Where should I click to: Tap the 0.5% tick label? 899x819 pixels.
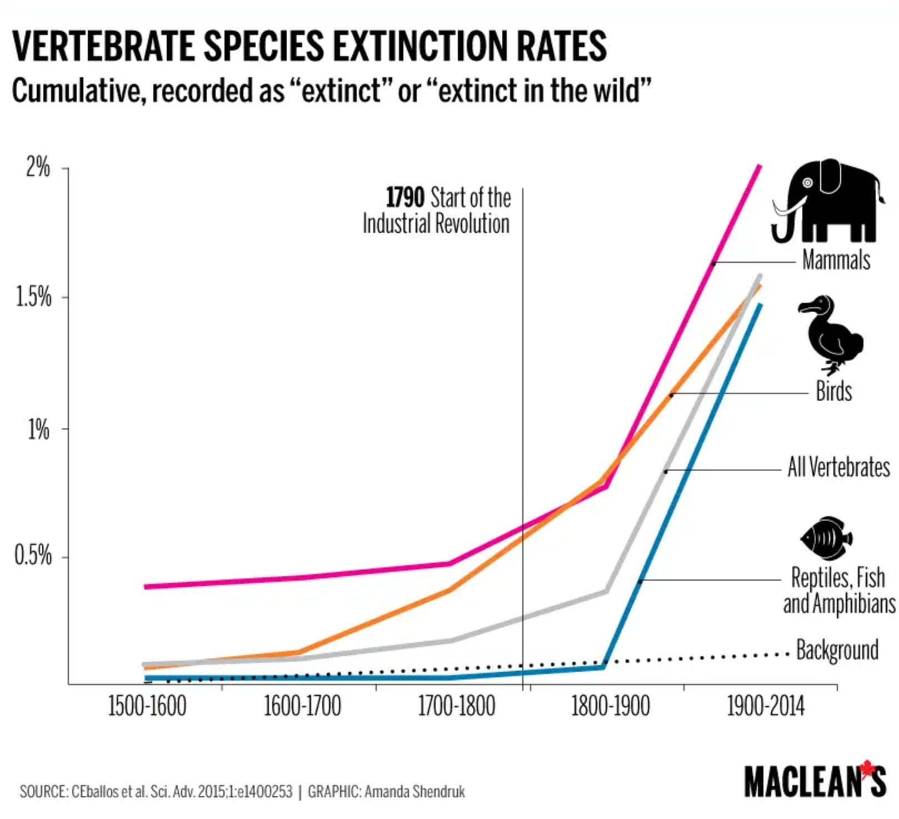pos(33,556)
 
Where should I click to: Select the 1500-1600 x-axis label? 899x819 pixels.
pos(147,707)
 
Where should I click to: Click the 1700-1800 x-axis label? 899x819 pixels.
pos(456,707)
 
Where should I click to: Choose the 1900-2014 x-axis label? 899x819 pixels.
pos(766,707)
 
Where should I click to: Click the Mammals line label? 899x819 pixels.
pos(836,260)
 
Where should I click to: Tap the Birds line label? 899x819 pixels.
pos(833,391)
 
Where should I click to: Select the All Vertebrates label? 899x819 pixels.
pos(838,467)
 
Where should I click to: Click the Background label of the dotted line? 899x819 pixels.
pos(837,650)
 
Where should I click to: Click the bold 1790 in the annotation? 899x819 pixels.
pos(405,197)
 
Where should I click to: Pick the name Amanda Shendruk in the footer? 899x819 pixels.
pos(414,791)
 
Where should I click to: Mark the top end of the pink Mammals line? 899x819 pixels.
pos(759,167)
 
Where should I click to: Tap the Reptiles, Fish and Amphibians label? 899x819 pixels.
pos(838,591)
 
